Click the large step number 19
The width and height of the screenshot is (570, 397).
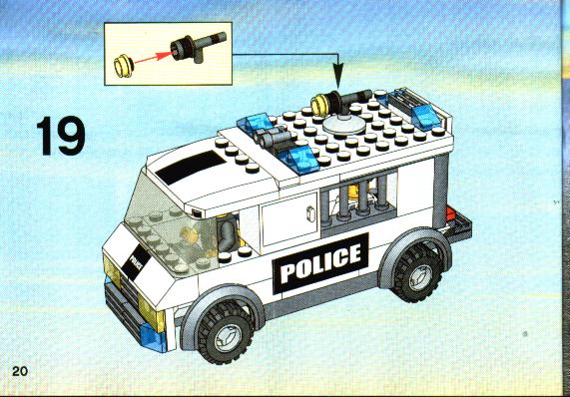coord(61,136)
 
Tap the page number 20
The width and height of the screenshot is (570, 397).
coord(20,371)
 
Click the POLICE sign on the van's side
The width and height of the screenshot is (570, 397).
coord(320,263)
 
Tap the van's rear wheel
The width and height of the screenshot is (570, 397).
coord(418,273)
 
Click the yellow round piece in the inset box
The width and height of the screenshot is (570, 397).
coord(124,66)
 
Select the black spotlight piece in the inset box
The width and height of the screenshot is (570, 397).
coord(197,46)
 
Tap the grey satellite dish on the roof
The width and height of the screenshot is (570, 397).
coord(343,125)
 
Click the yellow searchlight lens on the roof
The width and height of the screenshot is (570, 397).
coord(319,104)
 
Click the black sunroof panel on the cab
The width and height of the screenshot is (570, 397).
coord(190,168)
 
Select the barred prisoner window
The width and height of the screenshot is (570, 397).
coord(358,201)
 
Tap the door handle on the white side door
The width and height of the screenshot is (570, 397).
coord(311,213)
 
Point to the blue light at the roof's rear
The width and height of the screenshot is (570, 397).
coord(425,116)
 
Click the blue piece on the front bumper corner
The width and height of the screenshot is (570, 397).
coord(153,337)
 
